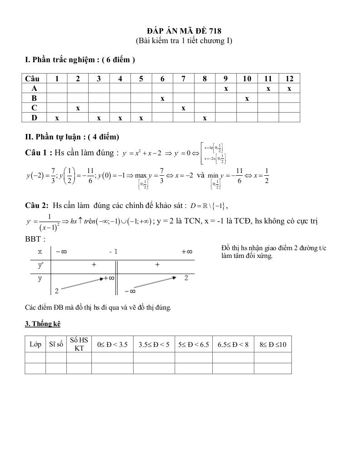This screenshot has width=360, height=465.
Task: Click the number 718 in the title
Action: pos(215,31)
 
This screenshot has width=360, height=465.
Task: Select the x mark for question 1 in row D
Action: pos(57,118)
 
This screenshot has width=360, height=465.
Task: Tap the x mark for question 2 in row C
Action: pos(78,108)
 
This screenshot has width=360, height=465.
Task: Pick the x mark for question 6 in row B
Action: pos(162,98)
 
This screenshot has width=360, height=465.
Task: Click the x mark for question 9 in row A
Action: pos(226,89)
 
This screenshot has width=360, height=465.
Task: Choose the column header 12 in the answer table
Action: pos(289,79)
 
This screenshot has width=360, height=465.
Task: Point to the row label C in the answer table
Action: pos(35,108)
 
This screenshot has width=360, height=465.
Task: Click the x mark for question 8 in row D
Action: pos(205,118)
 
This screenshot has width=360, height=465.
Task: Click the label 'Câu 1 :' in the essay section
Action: pos(39,153)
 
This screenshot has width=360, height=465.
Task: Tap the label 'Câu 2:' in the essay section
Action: pos(38,205)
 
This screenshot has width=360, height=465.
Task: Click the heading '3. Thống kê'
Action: pos(43,324)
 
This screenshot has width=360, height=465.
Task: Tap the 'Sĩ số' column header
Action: pos(56,344)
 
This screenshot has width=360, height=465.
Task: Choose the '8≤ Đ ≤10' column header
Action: pos(273,344)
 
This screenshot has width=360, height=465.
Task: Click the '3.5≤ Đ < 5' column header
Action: pos(154,344)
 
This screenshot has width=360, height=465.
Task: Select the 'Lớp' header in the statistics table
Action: pos(35,344)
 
